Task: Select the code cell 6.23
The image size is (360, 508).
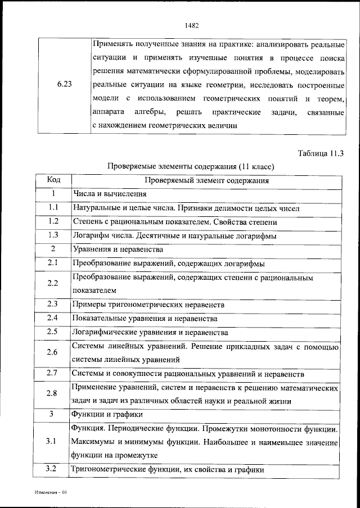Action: [64, 85]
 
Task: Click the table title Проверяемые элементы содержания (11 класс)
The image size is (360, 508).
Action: [191, 167]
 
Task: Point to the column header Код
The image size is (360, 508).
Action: [54, 180]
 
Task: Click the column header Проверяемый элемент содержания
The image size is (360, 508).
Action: [206, 180]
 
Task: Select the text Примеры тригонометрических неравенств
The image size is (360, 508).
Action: [148, 304]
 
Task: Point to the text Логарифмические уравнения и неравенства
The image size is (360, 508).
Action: [150, 332]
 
